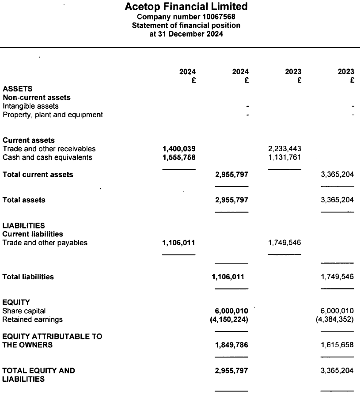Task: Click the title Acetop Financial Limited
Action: (186, 7)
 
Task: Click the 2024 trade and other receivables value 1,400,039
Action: (179, 148)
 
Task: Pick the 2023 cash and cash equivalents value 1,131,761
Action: (284, 157)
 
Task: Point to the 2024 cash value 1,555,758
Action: (179, 157)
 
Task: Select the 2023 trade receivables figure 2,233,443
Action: (284, 148)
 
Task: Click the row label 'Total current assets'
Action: (38, 175)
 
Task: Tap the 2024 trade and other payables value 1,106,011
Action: (179, 243)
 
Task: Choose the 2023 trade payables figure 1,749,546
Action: (284, 243)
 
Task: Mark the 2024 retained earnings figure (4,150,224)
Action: (229, 319)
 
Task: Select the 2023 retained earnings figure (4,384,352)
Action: (335, 319)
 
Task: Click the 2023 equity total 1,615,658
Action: (337, 345)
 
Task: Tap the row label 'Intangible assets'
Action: (30, 106)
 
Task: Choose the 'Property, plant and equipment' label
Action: (53, 115)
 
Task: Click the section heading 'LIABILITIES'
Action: (23, 225)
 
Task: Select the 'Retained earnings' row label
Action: (33, 319)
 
